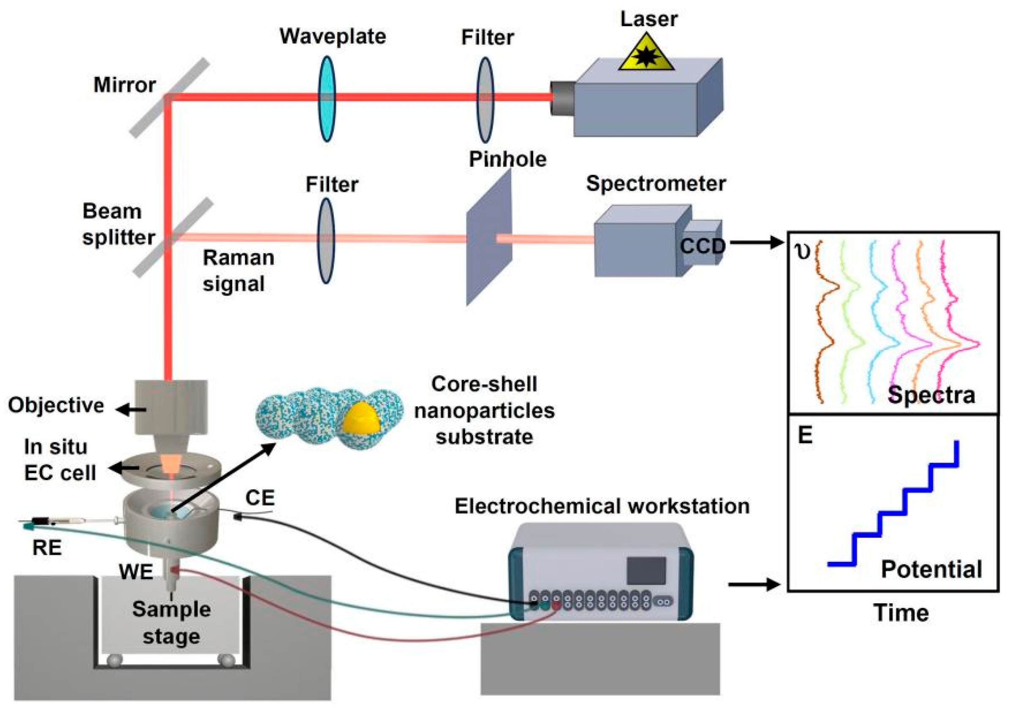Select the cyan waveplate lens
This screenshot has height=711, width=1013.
327,98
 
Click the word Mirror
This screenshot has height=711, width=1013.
125,85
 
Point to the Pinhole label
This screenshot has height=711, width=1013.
507,159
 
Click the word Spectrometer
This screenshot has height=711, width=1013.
656,183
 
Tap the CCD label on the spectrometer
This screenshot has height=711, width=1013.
703,246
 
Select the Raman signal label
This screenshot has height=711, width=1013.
238,270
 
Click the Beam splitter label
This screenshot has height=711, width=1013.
118,224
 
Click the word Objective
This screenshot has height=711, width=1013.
56,405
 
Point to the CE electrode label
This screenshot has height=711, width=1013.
260,498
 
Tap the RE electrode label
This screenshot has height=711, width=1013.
47,548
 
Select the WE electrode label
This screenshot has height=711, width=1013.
136,572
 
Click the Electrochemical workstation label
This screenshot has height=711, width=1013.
602,506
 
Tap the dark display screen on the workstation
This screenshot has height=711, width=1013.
646,571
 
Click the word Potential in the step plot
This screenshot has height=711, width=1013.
931,569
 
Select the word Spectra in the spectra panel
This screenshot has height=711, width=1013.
931,394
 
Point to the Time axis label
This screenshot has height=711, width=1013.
901,613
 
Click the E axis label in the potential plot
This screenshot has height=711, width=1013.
805,435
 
